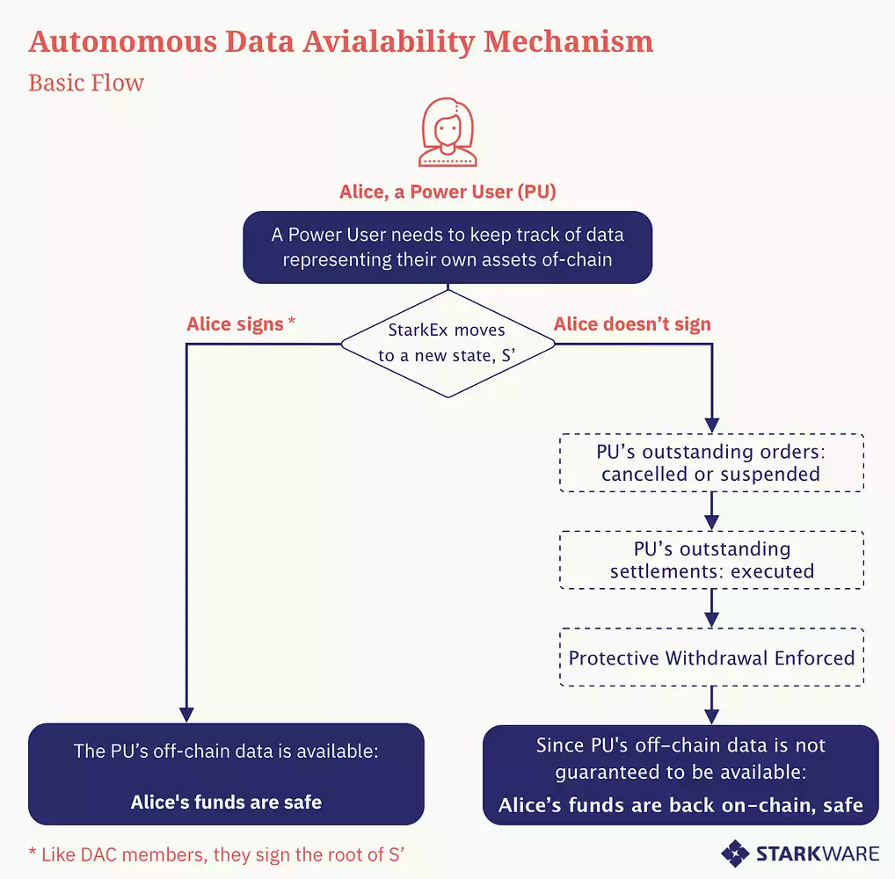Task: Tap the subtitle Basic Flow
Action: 86,84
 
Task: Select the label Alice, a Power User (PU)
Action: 447,192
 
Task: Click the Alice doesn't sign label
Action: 632,324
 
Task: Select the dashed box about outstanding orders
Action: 711,462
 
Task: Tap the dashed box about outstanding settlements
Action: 711,560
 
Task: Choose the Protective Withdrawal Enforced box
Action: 711,657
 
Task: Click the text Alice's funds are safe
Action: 226,802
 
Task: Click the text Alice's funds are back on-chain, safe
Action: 680,805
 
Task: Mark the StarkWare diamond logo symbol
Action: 735,852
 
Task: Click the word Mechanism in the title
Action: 567,41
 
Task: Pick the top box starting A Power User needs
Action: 447,247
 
